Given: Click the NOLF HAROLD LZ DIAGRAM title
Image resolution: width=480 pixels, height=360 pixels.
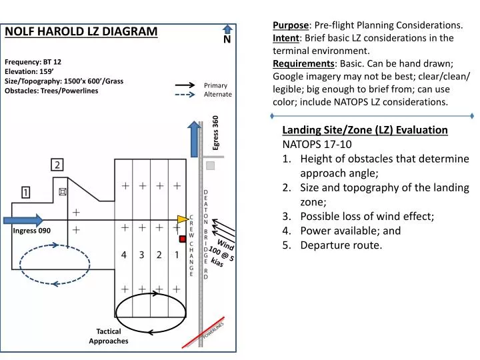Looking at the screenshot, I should coord(81,31).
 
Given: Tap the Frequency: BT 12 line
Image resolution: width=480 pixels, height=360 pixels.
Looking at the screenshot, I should coord(33,61).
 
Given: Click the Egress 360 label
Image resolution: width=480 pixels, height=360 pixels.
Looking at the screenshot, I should coord(215,132).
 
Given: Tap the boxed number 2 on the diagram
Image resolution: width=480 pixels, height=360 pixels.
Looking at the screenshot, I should coord(58,165).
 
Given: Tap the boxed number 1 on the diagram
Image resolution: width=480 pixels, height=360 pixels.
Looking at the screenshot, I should coord(25,193).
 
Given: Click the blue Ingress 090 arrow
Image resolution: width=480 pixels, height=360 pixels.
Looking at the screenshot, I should coord(23,220).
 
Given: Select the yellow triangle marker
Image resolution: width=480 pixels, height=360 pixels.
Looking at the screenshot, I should coord(182,219).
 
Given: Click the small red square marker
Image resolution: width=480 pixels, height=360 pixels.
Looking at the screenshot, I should coord(183,239).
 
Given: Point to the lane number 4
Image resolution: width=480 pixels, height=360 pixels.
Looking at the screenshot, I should coord(124,255).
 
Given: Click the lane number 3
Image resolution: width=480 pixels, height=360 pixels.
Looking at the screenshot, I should coord(141,255).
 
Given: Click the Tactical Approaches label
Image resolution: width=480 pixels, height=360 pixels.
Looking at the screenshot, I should coord(108,336).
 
